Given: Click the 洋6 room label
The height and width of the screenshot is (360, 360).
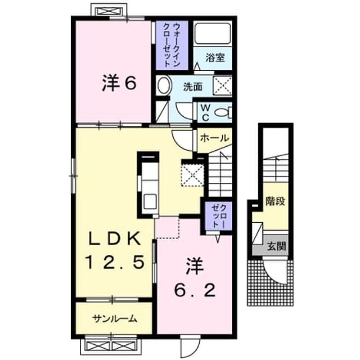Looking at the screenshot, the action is [x=119, y=83].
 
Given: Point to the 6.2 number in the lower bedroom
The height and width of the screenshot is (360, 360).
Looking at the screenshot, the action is [x=195, y=290].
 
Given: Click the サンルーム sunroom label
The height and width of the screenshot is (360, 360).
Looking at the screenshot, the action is [x=115, y=318].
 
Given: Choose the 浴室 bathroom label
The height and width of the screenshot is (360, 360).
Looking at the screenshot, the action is [x=215, y=57].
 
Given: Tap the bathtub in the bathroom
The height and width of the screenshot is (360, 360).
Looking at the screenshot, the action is [x=212, y=34].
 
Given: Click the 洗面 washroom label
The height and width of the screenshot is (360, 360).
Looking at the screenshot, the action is [x=193, y=87].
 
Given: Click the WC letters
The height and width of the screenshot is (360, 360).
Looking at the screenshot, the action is [x=205, y=112].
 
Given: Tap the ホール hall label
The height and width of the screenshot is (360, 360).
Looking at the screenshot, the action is [x=214, y=138].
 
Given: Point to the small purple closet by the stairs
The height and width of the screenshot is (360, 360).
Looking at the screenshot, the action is [x=218, y=215].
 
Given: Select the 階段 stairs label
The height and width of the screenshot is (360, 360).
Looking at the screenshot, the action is [x=275, y=201].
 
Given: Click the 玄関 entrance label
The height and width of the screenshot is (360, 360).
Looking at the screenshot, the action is [x=276, y=246].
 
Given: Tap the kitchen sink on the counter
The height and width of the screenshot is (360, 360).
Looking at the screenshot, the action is [x=150, y=201].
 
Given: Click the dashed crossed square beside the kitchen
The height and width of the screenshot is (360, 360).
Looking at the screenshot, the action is [x=192, y=174].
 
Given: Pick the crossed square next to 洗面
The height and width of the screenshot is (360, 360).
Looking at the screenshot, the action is [x=223, y=85].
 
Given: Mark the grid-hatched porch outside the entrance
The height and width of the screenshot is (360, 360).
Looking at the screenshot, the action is [x=270, y=282].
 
